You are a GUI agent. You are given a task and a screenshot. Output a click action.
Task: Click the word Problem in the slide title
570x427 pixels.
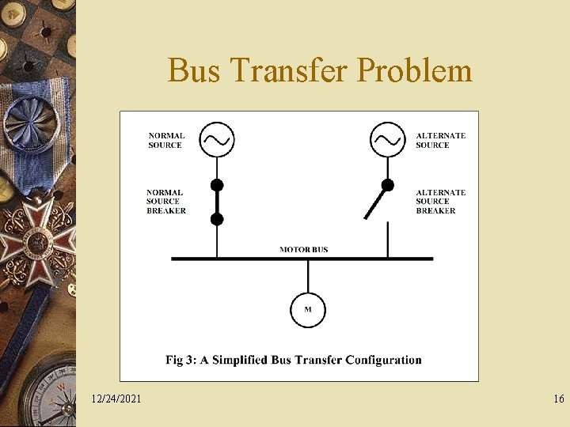click(x=414, y=71)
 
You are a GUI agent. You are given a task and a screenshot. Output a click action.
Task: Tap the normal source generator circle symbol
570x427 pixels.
click(x=216, y=140)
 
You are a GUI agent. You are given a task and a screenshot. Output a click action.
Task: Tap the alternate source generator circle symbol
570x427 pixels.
click(x=387, y=140)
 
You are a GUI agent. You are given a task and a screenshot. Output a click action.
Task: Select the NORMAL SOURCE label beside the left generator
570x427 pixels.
click(x=166, y=140)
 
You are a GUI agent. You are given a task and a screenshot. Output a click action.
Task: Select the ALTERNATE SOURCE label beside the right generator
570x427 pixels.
click(x=440, y=140)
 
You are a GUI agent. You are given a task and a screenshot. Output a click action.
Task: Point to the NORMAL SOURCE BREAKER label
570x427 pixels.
click(x=166, y=202)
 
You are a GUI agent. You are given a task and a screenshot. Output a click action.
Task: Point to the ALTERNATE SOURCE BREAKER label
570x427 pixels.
click(x=440, y=202)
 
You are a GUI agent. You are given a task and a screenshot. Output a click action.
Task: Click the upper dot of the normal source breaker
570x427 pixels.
click(x=217, y=186)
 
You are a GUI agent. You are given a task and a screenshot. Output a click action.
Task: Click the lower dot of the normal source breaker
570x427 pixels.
click(x=217, y=219)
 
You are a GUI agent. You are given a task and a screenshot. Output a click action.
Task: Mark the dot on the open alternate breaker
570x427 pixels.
click(x=387, y=186)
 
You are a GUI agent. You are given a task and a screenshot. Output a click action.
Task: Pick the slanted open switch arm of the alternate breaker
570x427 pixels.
click(x=374, y=204)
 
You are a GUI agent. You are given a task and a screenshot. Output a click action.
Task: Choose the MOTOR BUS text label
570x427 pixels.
click(x=303, y=250)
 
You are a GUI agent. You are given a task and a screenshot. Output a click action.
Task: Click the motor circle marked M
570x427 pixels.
click(x=308, y=309)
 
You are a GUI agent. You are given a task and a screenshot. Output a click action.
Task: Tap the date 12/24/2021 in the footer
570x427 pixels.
click(x=116, y=399)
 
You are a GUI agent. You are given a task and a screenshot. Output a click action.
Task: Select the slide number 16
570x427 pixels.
click(x=559, y=399)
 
